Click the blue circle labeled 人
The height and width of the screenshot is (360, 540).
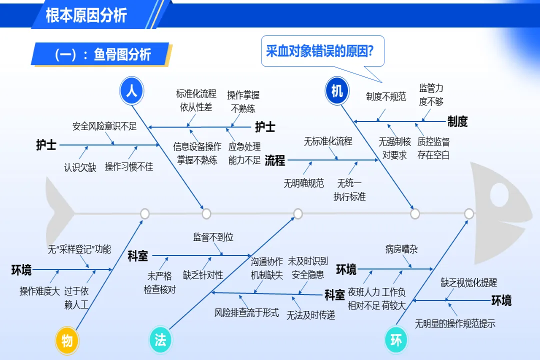point(132,91)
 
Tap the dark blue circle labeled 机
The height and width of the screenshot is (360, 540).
point(337,91)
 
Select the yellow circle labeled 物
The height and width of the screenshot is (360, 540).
point(67,340)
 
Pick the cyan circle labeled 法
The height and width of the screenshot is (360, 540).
point(160,340)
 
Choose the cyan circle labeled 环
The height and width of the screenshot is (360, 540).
point(396,340)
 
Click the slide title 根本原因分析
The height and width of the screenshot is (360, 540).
point(86,15)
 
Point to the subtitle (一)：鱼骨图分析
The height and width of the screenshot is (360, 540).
point(102,54)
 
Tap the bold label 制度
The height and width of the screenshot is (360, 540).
point(457,121)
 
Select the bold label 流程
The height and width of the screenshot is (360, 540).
point(275,160)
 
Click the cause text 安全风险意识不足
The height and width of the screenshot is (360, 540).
point(104,126)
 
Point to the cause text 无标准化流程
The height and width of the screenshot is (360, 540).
point(328,141)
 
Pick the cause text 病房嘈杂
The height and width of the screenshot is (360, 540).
point(401,249)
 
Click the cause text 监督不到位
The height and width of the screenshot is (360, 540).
point(213,237)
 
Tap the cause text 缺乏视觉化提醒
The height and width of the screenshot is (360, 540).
point(469,283)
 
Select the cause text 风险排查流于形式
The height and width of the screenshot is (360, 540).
point(246,313)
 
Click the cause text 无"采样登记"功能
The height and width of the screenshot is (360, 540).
point(79,249)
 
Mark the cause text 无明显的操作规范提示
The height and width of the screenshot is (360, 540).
point(455,323)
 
